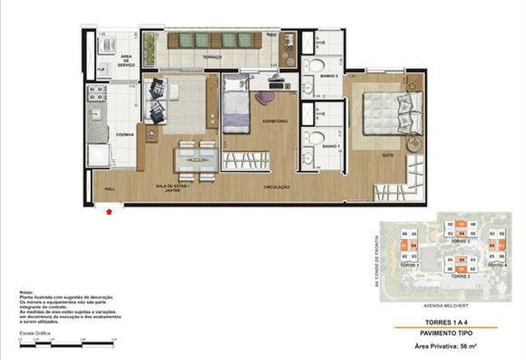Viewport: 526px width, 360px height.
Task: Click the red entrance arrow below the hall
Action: click(109, 212)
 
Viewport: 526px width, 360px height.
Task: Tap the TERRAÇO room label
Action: click(212, 57)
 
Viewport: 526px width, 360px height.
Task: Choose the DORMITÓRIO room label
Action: click(275, 121)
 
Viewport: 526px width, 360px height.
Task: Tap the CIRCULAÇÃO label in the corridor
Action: click(277, 186)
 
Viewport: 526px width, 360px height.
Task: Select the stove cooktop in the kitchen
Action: click(97, 93)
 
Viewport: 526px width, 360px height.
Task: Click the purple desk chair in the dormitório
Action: click(266, 96)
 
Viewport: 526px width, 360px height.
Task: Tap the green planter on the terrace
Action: click(150, 49)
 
